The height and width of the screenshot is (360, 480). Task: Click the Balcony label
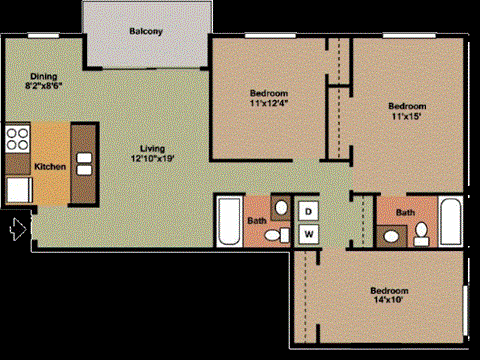(x=146, y=31)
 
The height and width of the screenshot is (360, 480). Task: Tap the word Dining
(x=43, y=76)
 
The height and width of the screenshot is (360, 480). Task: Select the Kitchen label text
(x=50, y=165)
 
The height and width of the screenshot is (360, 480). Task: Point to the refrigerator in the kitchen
(x=19, y=189)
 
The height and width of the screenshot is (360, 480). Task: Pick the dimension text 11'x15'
(x=407, y=116)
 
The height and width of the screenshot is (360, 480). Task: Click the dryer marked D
(x=309, y=211)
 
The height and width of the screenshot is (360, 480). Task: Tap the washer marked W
(x=309, y=234)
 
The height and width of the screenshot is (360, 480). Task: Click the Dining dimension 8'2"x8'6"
(x=43, y=86)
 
